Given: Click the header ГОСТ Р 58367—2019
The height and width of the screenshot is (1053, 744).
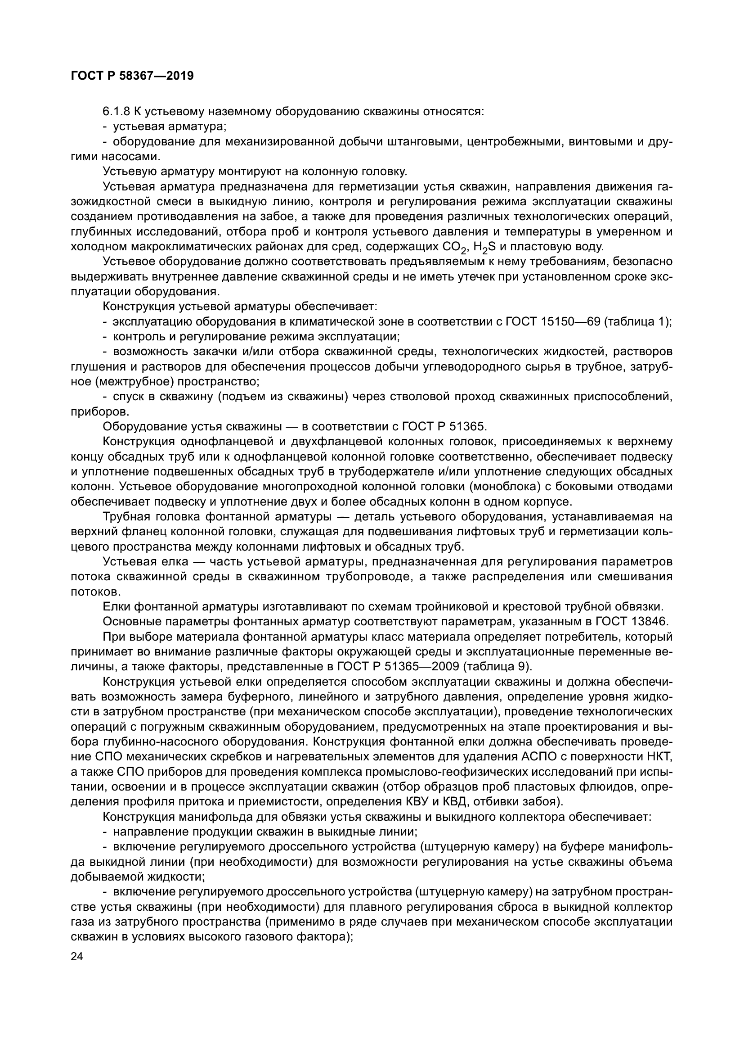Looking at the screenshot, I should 132,76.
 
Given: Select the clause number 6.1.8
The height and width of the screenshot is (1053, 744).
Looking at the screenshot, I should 117,112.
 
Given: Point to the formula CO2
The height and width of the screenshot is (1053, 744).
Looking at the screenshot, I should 455,247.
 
